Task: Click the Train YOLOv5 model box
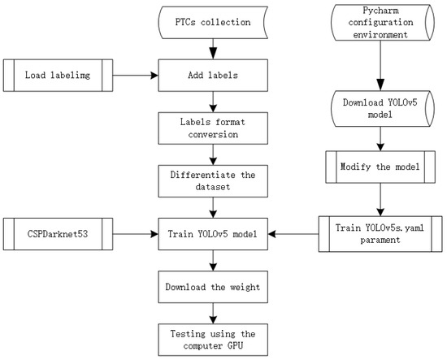(x=212, y=235)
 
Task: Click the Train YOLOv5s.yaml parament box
(x=376, y=234)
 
